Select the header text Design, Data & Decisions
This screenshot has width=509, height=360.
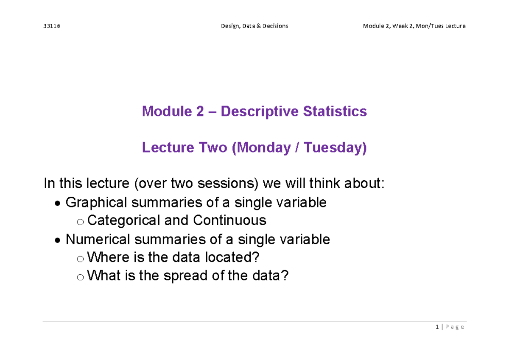255,26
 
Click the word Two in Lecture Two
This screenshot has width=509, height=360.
213,148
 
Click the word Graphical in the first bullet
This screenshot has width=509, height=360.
96,203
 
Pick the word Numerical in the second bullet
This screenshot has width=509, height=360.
98,240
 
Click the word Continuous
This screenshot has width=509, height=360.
229,220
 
